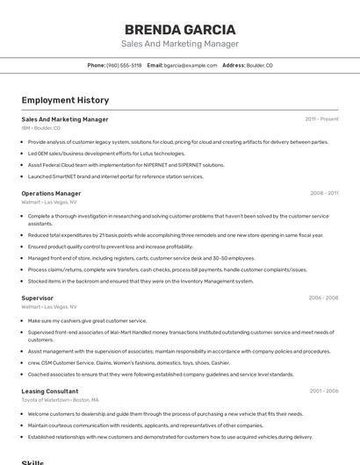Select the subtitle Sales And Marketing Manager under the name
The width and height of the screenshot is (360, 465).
click(x=180, y=44)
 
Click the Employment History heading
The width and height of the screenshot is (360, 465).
click(x=65, y=101)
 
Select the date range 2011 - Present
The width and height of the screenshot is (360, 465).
click(x=321, y=119)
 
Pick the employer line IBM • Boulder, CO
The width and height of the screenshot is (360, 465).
click(x=41, y=128)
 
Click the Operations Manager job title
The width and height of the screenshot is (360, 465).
click(x=51, y=193)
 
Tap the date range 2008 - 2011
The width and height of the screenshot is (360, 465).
click(x=323, y=193)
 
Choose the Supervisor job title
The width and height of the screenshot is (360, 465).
click(x=38, y=298)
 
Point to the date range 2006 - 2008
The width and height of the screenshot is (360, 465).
click(x=323, y=298)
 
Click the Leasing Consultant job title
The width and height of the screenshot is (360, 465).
click(x=50, y=390)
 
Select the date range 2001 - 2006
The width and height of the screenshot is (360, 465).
click(x=323, y=390)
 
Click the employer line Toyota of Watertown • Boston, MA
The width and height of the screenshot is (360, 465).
click(x=60, y=399)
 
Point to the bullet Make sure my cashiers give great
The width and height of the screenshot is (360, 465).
click(x=88, y=321)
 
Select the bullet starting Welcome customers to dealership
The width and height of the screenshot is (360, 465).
click(x=165, y=413)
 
